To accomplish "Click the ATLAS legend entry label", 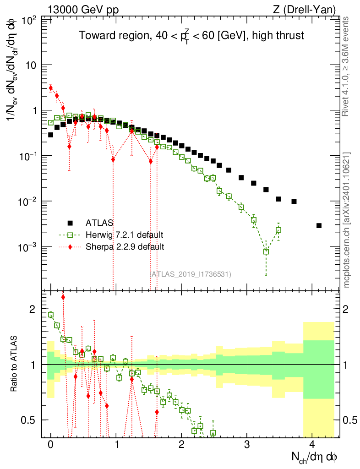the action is (x=99, y=223).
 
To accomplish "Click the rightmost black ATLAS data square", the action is (x=319, y=225).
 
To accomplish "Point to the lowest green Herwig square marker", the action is (x=266, y=252).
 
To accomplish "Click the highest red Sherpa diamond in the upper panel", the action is (x=51, y=87).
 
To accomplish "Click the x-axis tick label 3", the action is (x=247, y=444).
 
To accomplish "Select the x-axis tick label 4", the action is (x=312, y=444).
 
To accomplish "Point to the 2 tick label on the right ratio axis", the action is (x=346, y=309).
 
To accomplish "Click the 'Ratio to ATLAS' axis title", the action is (x=14, y=364).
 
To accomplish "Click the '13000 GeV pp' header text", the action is (x=83, y=10).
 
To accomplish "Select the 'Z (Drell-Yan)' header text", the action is (x=304, y=10).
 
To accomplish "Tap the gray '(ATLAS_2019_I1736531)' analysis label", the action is (x=190, y=274).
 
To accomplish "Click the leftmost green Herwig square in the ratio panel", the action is (x=51, y=315).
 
